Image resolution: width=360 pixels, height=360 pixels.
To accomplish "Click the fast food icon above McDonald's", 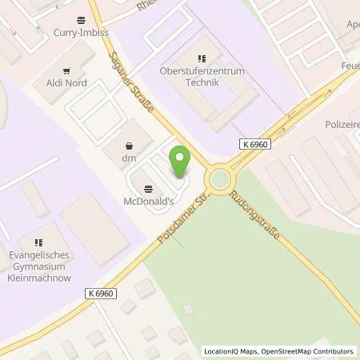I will coord(149,188).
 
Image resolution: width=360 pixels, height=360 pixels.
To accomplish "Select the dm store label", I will coord(129,158).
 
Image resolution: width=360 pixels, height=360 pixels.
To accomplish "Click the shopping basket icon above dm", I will coord(129,146).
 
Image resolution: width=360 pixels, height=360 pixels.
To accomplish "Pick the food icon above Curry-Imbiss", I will coord(80,20).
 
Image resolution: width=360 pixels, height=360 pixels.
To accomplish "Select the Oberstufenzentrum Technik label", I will coord(202,77).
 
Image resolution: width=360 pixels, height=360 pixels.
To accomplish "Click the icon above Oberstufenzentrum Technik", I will coord(202,58).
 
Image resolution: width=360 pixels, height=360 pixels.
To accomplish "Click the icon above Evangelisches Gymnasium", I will coord(38,241).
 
